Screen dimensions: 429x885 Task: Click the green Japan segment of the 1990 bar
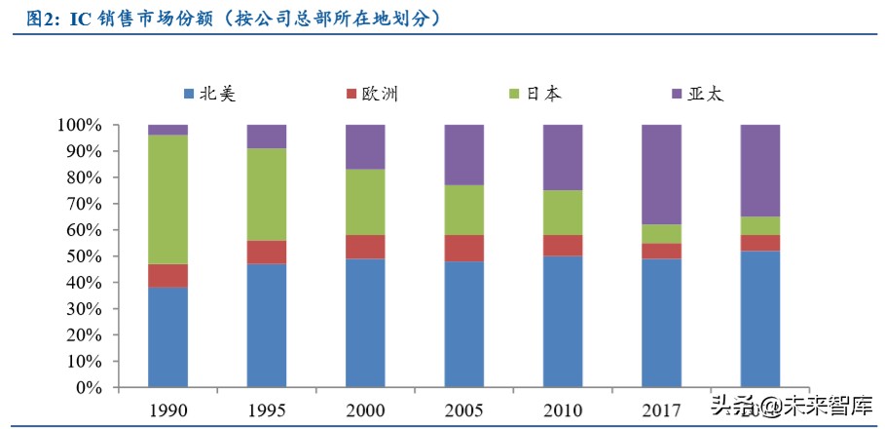(167, 199)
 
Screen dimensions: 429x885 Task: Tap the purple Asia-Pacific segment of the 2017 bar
(661, 175)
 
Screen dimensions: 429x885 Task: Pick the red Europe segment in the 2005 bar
(464, 248)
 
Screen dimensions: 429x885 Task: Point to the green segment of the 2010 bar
(563, 213)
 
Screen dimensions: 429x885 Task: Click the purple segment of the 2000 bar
(365, 147)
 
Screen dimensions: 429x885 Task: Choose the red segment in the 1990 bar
(167, 276)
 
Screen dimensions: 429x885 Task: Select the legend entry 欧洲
(371, 94)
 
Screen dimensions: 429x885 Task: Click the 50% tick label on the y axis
(82, 256)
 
